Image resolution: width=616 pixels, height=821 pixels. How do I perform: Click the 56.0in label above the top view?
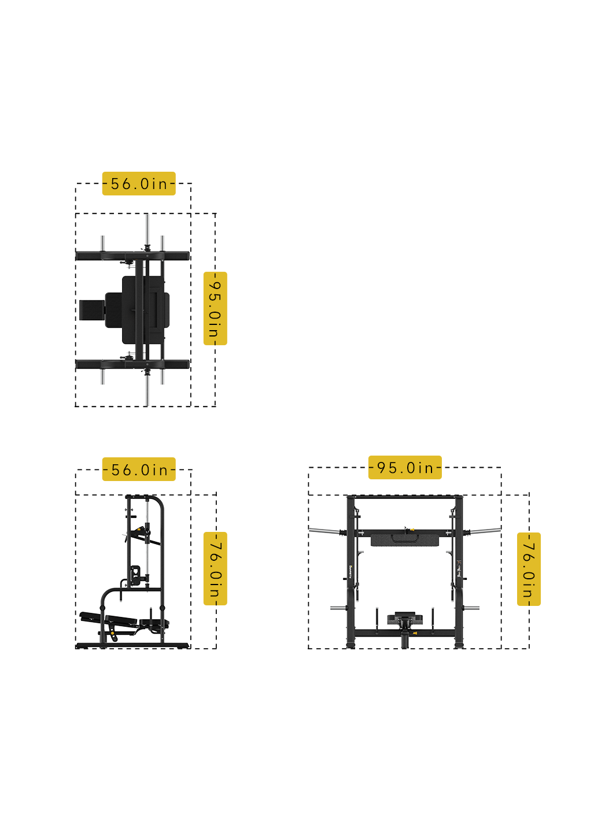tap(139, 183)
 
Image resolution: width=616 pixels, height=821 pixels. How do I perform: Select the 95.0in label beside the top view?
tap(215, 309)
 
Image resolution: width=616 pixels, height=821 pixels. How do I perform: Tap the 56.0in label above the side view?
tap(139, 469)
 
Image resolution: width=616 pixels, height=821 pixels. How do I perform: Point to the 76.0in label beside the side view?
tap(215, 569)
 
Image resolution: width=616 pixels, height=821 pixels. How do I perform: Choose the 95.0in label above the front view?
tap(405, 467)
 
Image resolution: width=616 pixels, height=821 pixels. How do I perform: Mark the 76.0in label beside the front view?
tap(529, 569)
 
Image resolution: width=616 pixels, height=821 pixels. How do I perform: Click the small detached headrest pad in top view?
tap(91, 310)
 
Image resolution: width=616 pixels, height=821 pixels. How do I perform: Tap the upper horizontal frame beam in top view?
tap(132, 256)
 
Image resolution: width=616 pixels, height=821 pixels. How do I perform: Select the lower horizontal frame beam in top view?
tap(132, 364)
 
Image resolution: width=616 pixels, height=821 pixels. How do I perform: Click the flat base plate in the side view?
tap(132, 645)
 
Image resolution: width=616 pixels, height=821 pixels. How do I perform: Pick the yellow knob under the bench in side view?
tap(114, 637)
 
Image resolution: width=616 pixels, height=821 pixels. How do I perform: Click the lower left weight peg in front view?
tap(338, 608)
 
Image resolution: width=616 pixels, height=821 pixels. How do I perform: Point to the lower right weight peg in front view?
tap(472, 608)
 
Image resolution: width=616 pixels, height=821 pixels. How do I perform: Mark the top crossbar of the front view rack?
tap(405, 497)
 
